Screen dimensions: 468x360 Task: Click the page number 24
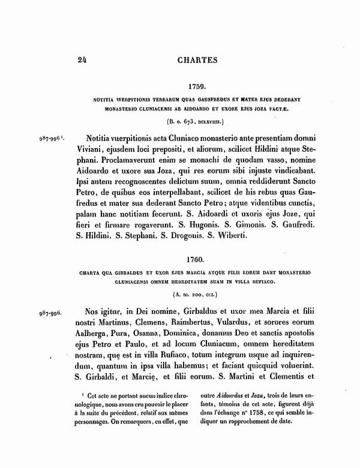tap(82, 59)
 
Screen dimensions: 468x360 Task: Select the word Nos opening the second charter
tap(96, 313)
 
